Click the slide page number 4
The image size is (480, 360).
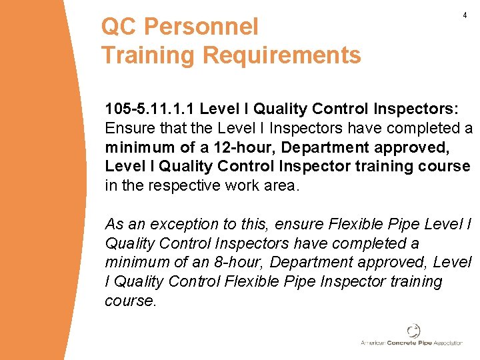464,15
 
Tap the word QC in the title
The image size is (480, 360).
119,27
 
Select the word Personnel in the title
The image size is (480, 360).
201,27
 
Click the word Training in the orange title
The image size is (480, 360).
149,55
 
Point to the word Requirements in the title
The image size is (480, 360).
281,55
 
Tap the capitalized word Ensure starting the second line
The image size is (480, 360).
127,127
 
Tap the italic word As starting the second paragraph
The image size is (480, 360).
115,224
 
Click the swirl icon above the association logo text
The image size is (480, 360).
413,331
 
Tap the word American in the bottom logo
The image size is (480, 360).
373,343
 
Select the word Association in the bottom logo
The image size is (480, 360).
447,343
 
